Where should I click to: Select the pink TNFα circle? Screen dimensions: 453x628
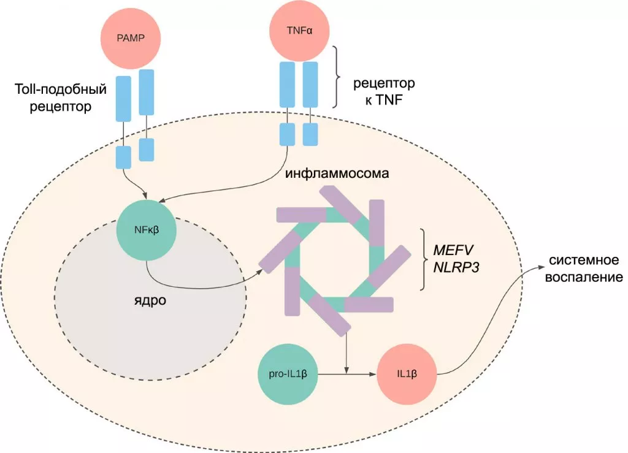pos(300,28)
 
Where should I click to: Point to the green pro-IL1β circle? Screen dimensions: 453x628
pos(288,373)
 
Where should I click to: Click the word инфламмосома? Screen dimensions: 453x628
pos(337,173)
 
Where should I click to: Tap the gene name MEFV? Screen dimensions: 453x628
pos(455,250)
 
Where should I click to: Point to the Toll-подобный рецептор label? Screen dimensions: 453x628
pos(61,98)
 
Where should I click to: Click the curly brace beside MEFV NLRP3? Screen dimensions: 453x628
pos(423,259)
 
